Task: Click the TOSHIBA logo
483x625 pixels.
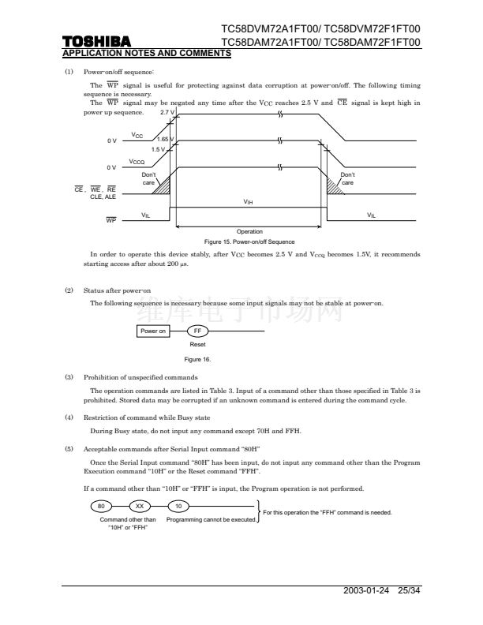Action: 96,42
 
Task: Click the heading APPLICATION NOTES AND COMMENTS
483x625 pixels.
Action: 147,54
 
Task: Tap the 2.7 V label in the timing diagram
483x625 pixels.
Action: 167,112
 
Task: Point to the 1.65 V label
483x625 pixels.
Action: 165,139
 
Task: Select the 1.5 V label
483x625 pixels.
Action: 158,149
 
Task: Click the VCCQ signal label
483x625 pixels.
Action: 137,162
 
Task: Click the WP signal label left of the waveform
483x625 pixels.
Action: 111,220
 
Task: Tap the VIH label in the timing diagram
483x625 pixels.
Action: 248,202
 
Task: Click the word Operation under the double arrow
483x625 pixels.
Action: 249,231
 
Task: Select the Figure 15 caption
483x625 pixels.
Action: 249,242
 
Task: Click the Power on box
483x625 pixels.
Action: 153,331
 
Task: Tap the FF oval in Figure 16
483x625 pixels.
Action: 197,331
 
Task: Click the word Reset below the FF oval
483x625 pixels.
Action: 197,344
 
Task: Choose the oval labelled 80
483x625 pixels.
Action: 101,506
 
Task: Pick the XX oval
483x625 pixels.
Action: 140,506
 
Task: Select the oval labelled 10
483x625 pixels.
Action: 178,506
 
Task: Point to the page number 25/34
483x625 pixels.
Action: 409,590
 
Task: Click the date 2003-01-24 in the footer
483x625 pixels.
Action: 366,590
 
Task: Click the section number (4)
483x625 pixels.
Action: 69,417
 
